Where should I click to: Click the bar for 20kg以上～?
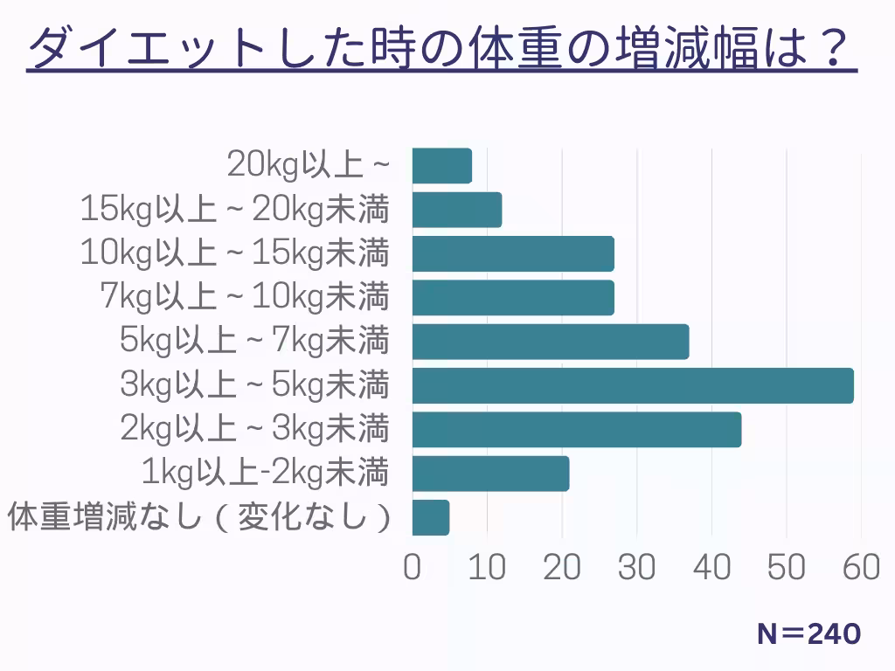coord(442,166)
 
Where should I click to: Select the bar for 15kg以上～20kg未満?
coord(457,210)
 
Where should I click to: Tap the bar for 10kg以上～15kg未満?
coord(513,253)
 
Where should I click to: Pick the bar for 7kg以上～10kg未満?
coord(513,297)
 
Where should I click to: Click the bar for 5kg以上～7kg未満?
coord(551,342)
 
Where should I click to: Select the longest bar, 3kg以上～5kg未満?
coord(633,385)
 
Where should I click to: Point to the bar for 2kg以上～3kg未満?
coord(577,429)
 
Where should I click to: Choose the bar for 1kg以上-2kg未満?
coord(490,474)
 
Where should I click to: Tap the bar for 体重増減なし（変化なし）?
coord(431,517)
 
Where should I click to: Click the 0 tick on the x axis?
coord(413,567)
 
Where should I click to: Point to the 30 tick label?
coord(637,567)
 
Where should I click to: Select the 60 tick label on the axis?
coord(862,567)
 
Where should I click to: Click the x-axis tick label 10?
coord(487,567)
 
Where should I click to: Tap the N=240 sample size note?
coord(808,634)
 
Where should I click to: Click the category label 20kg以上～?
coord(307,165)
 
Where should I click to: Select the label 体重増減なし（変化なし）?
coord(198,517)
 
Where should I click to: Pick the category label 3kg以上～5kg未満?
coord(254,385)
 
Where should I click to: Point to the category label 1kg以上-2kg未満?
coord(265,474)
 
